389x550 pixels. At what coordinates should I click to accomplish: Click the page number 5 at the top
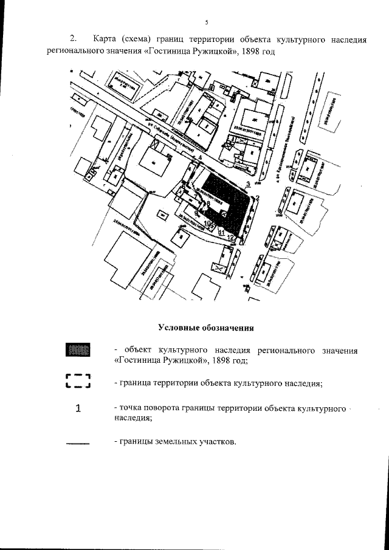pyautogui.click(x=207, y=22)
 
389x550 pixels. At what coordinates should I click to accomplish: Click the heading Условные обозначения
pyautogui.click(x=206, y=328)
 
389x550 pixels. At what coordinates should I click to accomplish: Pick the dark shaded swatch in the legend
pyautogui.click(x=78, y=350)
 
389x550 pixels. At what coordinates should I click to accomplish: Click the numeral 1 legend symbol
pyautogui.click(x=78, y=408)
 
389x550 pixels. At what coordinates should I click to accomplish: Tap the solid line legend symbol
pyautogui.click(x=77, y=443)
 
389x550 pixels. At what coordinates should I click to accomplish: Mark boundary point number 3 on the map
pyautogui.click(x=248, y=183)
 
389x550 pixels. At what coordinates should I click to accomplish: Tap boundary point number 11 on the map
pyautogui.click(x=222, y=233)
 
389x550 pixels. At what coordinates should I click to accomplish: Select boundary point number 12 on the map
pyautogui.click(x=231, y=238)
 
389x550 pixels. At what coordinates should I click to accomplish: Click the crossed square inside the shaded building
pyautogui.click(x=223, y=213)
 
